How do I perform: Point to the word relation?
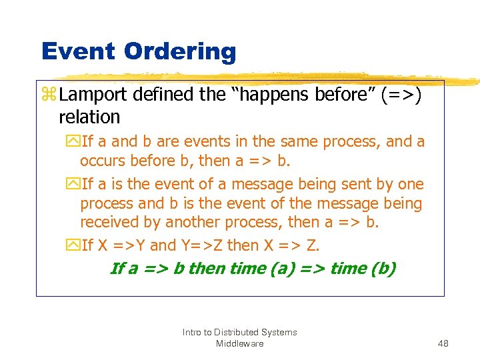pos(89,117)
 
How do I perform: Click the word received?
pos(111,222)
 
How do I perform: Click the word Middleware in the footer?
pos(239,343)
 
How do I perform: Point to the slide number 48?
pos(443,343)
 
